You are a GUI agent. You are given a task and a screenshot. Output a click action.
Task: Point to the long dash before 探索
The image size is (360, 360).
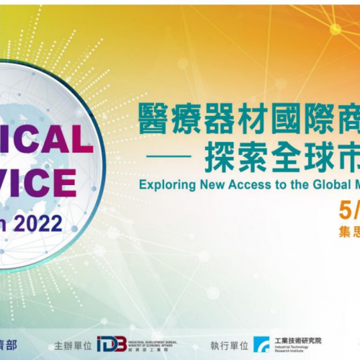[x=174, y=153]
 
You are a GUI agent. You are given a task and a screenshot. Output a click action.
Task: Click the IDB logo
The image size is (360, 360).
[x=112, y=343]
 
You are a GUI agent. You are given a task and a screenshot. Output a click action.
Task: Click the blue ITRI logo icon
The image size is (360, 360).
[x=261, y=343]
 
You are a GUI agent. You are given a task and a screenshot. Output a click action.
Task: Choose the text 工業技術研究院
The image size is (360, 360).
[x=298, y=340]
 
